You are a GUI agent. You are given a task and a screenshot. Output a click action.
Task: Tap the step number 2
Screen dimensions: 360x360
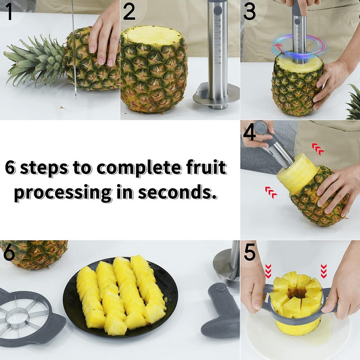coord(129,12)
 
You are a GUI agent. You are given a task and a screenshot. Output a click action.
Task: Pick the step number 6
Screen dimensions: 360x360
coord(9,253)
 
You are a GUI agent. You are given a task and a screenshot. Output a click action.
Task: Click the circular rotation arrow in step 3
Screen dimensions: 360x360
coord(298,46)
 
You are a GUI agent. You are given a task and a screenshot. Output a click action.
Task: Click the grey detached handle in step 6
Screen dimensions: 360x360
coord(220,310)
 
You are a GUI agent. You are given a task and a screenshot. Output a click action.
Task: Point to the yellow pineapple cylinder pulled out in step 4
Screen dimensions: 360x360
coord(297,173)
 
